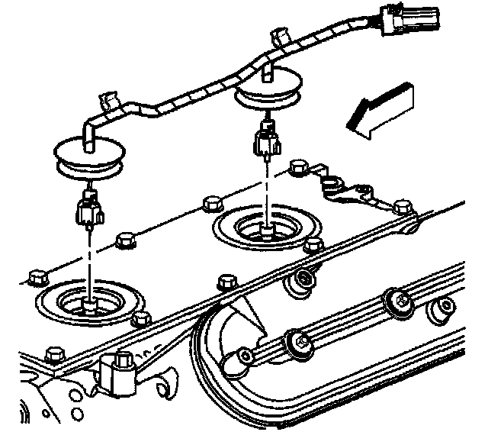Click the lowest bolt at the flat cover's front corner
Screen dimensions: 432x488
53,355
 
